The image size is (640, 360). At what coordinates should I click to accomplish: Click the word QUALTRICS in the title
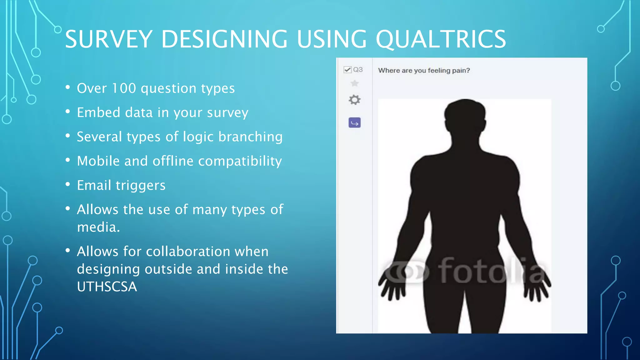[441, 40]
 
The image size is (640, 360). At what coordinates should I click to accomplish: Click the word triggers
[140, 186]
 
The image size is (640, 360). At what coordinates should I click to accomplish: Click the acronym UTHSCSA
[107, 287]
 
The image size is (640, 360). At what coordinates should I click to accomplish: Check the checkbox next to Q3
[347, 70]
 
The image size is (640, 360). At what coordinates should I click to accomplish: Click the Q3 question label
[358, 70]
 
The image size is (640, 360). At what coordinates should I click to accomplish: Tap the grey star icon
[354, 83]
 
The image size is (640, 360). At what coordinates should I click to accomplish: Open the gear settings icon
[354, 100]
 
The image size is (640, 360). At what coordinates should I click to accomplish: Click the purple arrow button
[354, 123]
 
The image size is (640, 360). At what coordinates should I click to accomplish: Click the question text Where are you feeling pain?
[424, 71]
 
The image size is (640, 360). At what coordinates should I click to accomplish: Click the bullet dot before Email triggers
[68, 184]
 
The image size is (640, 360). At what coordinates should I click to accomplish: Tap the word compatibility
[240, 161]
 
